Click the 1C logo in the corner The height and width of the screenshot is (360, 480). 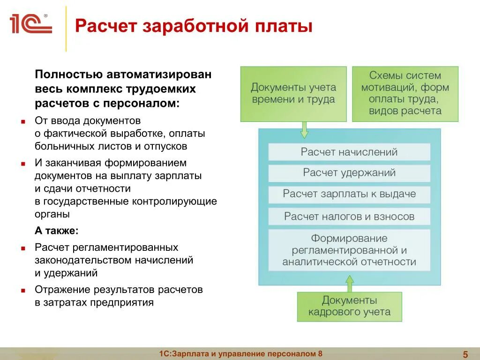30,24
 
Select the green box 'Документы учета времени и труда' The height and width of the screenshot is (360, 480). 293,94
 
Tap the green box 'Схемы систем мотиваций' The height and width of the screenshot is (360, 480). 405,93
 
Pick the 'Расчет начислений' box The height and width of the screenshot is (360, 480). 349,152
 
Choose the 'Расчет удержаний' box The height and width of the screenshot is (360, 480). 349,172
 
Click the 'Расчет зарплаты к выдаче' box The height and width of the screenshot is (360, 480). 349,194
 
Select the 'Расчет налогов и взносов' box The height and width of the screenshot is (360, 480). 349,216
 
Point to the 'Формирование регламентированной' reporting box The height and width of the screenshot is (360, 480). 349,250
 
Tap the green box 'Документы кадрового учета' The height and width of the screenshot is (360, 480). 349,307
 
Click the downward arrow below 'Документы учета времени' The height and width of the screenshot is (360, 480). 304,129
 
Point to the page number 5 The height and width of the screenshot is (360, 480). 465,354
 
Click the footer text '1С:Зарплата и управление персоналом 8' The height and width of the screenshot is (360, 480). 241,354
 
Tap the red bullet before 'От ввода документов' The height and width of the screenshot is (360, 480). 22,121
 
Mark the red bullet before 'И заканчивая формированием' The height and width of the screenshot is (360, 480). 22,164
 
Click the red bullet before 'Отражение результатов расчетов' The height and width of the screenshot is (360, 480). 22,291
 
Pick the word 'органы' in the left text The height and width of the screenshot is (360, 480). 52,214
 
